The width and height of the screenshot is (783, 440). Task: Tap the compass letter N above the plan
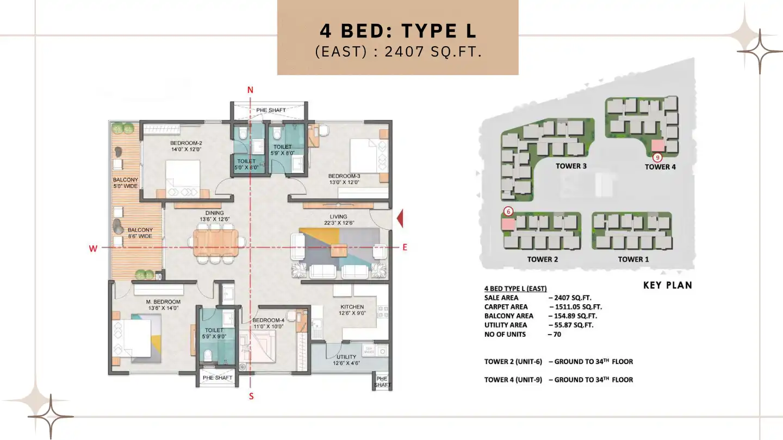[250, 90]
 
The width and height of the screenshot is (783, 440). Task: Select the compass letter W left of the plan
[93, 248]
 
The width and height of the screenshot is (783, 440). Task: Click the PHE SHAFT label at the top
[271, 110]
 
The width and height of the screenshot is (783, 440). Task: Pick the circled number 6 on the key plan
[508, 211]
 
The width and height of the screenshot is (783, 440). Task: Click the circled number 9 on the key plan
[657, 158]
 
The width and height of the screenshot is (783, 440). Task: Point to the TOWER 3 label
[571, 166]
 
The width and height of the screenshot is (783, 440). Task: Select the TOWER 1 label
[633, 259]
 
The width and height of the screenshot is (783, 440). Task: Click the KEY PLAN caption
[667, 285]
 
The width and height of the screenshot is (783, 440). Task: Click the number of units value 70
[557, 334]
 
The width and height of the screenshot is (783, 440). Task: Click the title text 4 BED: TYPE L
[398, 31]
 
